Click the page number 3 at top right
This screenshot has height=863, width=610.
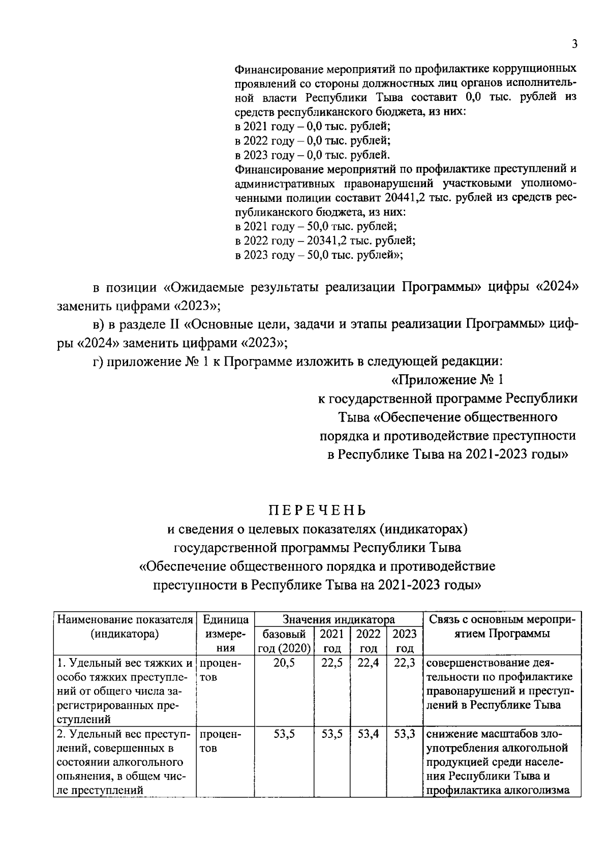[x=574, y=44]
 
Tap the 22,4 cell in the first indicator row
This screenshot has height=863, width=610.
[x=368, y=663]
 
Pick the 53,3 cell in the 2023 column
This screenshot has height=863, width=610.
[x=405, y=734]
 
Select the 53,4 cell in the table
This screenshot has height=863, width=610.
[x=368, y=734]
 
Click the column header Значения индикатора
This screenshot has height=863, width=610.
[x=339, y=619]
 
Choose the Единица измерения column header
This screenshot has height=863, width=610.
[x=225, y=634]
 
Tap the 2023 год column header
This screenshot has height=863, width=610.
[x=405, y=641]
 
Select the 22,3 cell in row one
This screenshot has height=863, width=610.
[x=405, y=663]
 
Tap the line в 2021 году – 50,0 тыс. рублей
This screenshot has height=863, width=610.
[x=316, y=226]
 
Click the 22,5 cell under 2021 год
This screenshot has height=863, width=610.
[x=332, y=663]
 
